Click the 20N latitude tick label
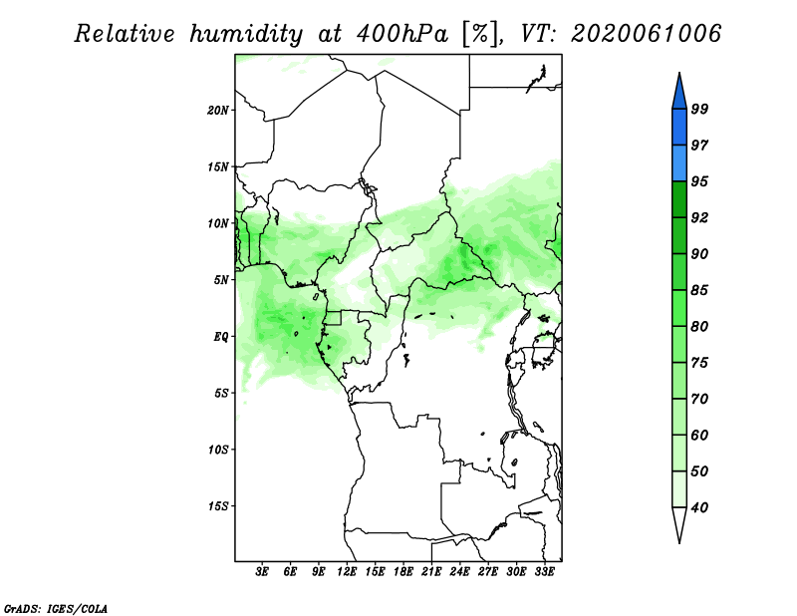click(218, 111)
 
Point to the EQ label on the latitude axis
click(221, 337)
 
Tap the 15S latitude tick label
click(218, 506)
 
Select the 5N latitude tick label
click(221, 280)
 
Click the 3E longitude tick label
click(262, 572)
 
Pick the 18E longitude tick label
click(403, 572)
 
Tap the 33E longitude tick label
click(544, 572)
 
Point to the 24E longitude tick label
click(459, 572)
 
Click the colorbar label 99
click(699, 109)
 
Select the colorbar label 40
click(699, 507)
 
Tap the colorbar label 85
click(699, 290)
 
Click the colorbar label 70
click(699, 399)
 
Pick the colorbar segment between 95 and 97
click(679, 163)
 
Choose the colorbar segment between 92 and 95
click(679, 199)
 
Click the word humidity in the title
click(246, 34)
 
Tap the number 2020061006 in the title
click(646, 34)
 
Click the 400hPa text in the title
click(402, 34)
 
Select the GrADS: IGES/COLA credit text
click(56, 608)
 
